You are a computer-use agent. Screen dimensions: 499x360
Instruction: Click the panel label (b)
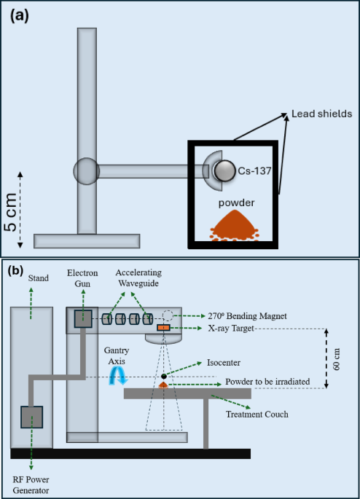pos(17,270)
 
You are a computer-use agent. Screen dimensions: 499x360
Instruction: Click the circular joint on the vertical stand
pos(86,171)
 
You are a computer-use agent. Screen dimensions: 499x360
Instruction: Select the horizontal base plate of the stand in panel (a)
pos(87,240)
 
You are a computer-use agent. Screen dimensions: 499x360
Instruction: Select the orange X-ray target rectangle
pos(163,329)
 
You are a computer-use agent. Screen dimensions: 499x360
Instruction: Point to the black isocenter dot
pos(164,376)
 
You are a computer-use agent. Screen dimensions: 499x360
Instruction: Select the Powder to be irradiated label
pos(269,382)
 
